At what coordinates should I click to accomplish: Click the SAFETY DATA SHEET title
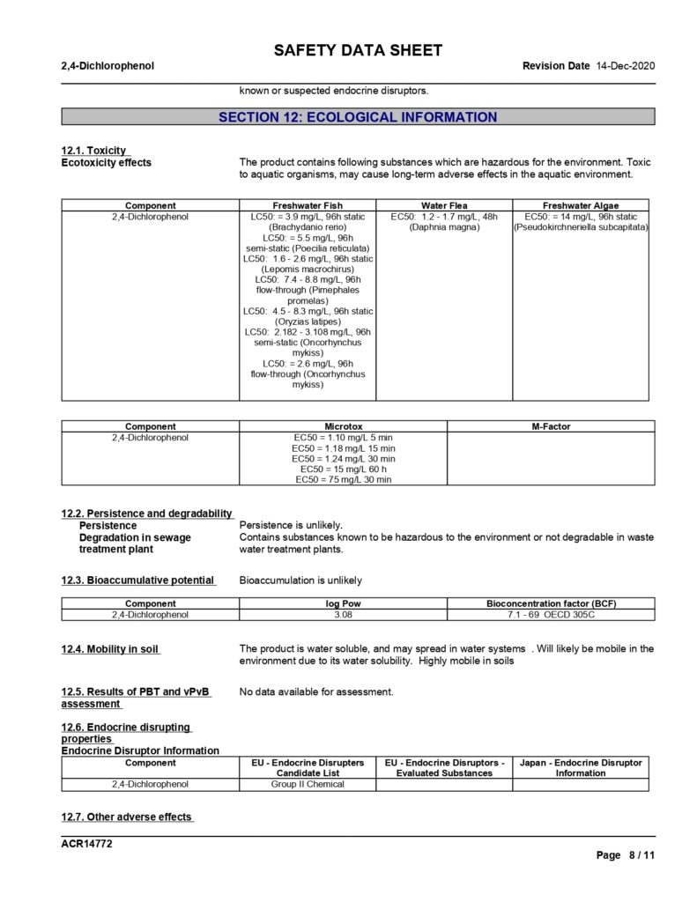[358, 50]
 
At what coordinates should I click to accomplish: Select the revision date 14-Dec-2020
[626, 66]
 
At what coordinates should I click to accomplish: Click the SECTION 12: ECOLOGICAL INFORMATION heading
[358, 117]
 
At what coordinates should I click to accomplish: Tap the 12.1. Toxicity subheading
[93, 151]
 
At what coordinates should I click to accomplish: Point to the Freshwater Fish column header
[308, 205]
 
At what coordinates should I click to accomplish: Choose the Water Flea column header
[444, 205]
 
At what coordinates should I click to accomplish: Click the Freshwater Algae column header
[581, 205]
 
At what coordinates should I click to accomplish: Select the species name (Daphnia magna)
[444, 228]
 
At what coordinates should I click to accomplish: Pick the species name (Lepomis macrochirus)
[308, 270]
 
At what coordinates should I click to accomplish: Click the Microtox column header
[343, 426]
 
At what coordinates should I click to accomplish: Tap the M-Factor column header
[551, 426]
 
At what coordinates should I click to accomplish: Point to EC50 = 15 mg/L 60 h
[343, 469]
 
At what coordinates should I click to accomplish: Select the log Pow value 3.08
[343, 615]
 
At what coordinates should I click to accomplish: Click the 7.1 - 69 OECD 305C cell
[551, 615]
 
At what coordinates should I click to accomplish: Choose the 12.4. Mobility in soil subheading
[110, 649]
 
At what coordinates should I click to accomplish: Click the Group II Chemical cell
[308, 784]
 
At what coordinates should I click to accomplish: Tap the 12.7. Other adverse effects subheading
[126, 817]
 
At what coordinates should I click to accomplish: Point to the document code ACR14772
[86, 844]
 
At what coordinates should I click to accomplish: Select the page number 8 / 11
[639, 855]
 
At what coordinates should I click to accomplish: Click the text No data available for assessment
[316, 692]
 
